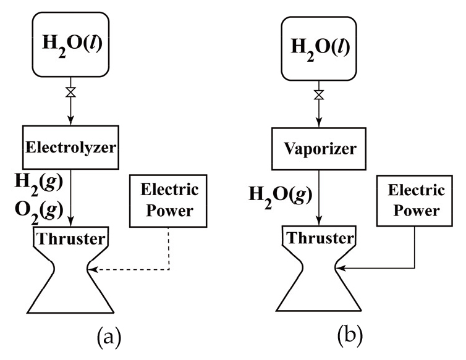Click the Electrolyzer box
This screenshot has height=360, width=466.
[x=71, y=146]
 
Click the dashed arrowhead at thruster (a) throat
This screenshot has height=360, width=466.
[x=93, y=269]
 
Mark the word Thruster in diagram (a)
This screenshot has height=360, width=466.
[x=70, y=238]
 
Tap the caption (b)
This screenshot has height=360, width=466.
[x=351, y=338]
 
